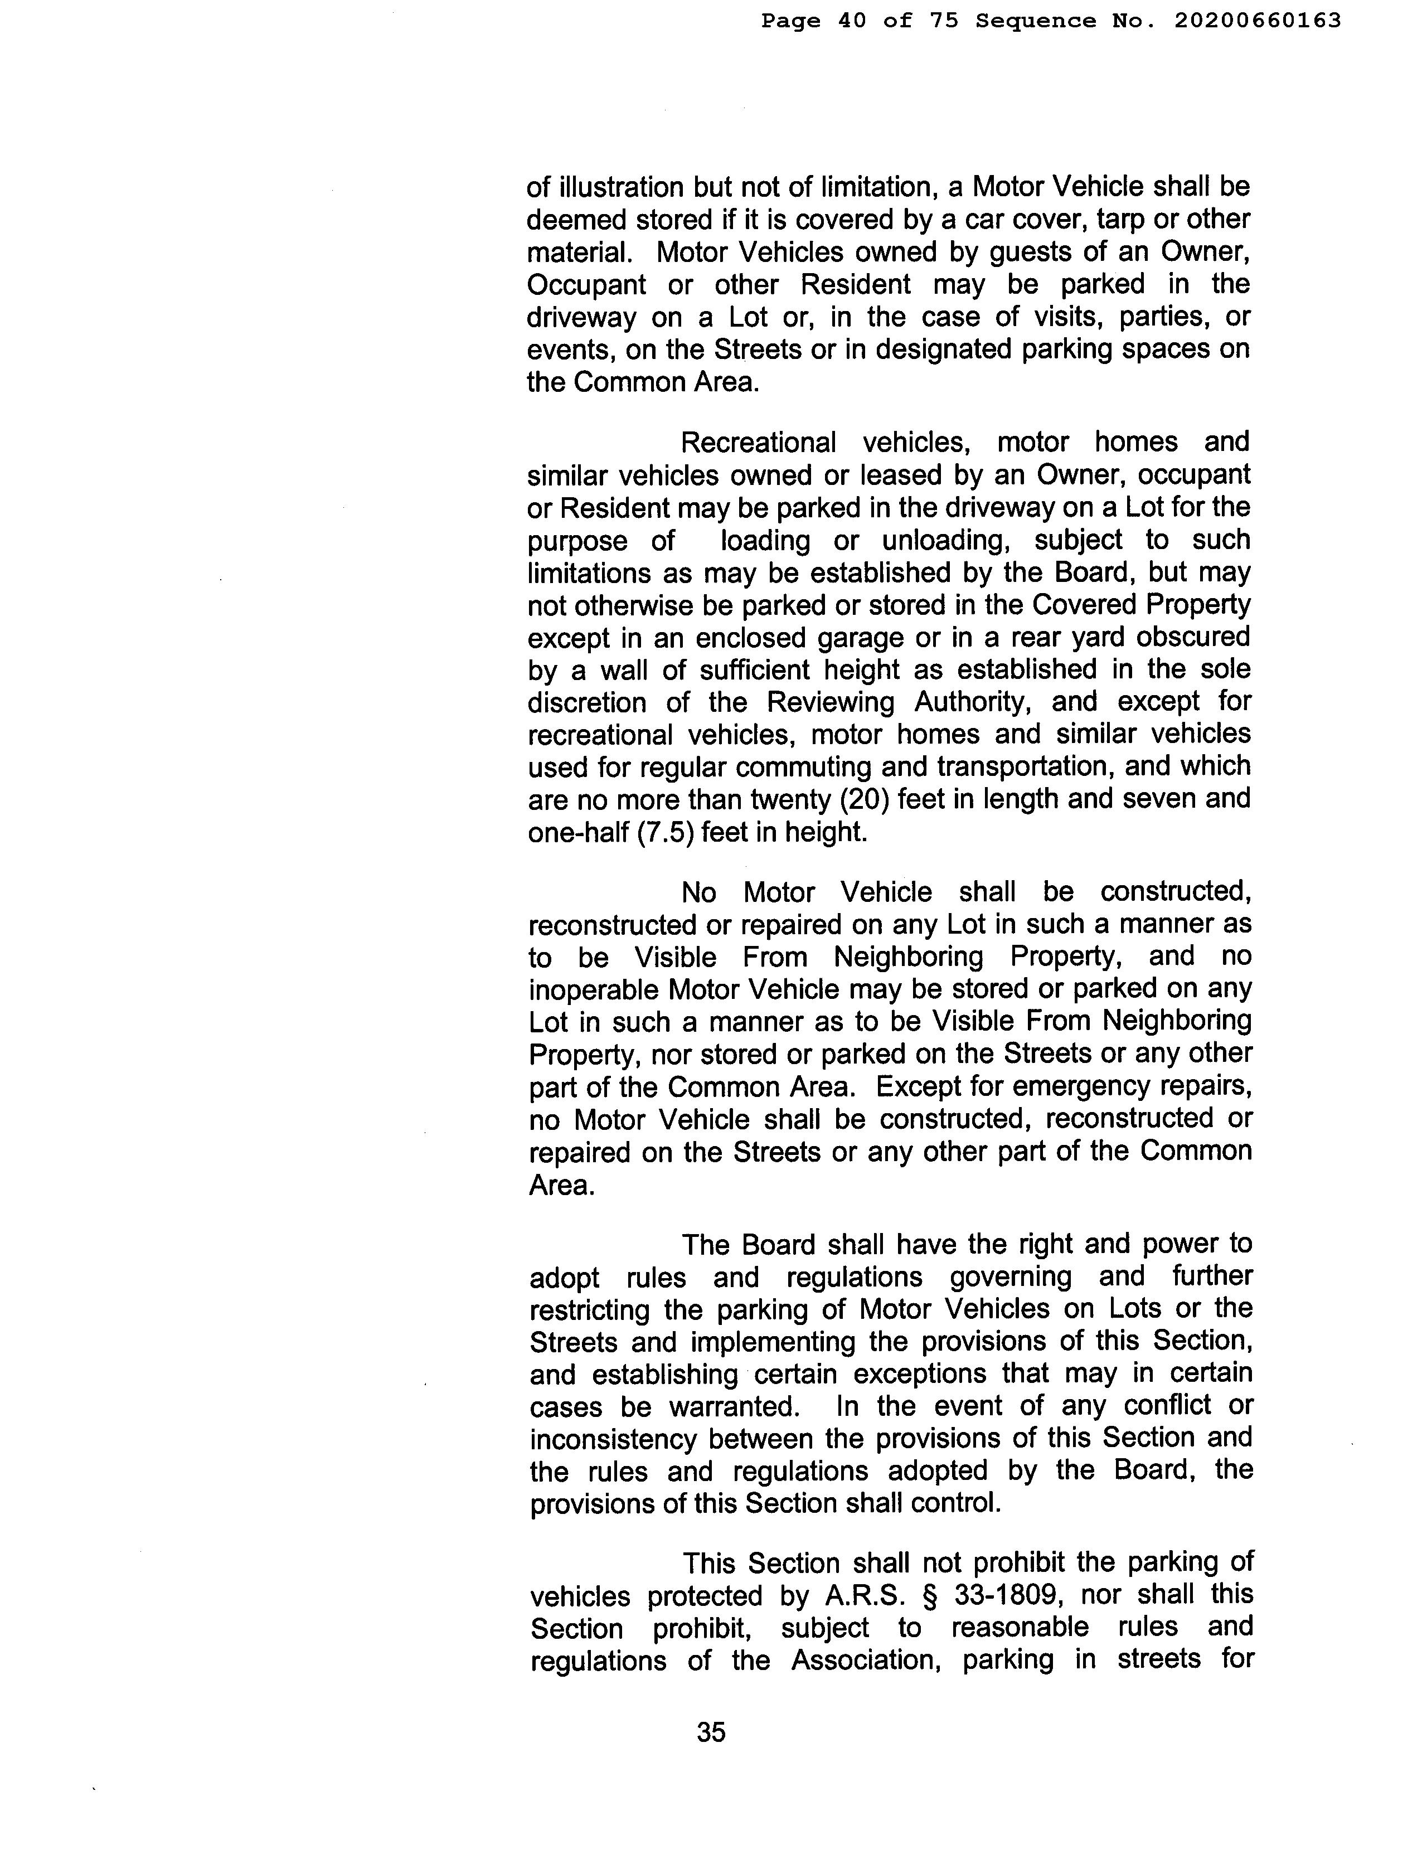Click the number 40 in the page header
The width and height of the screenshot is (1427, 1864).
tap(852, 21)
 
